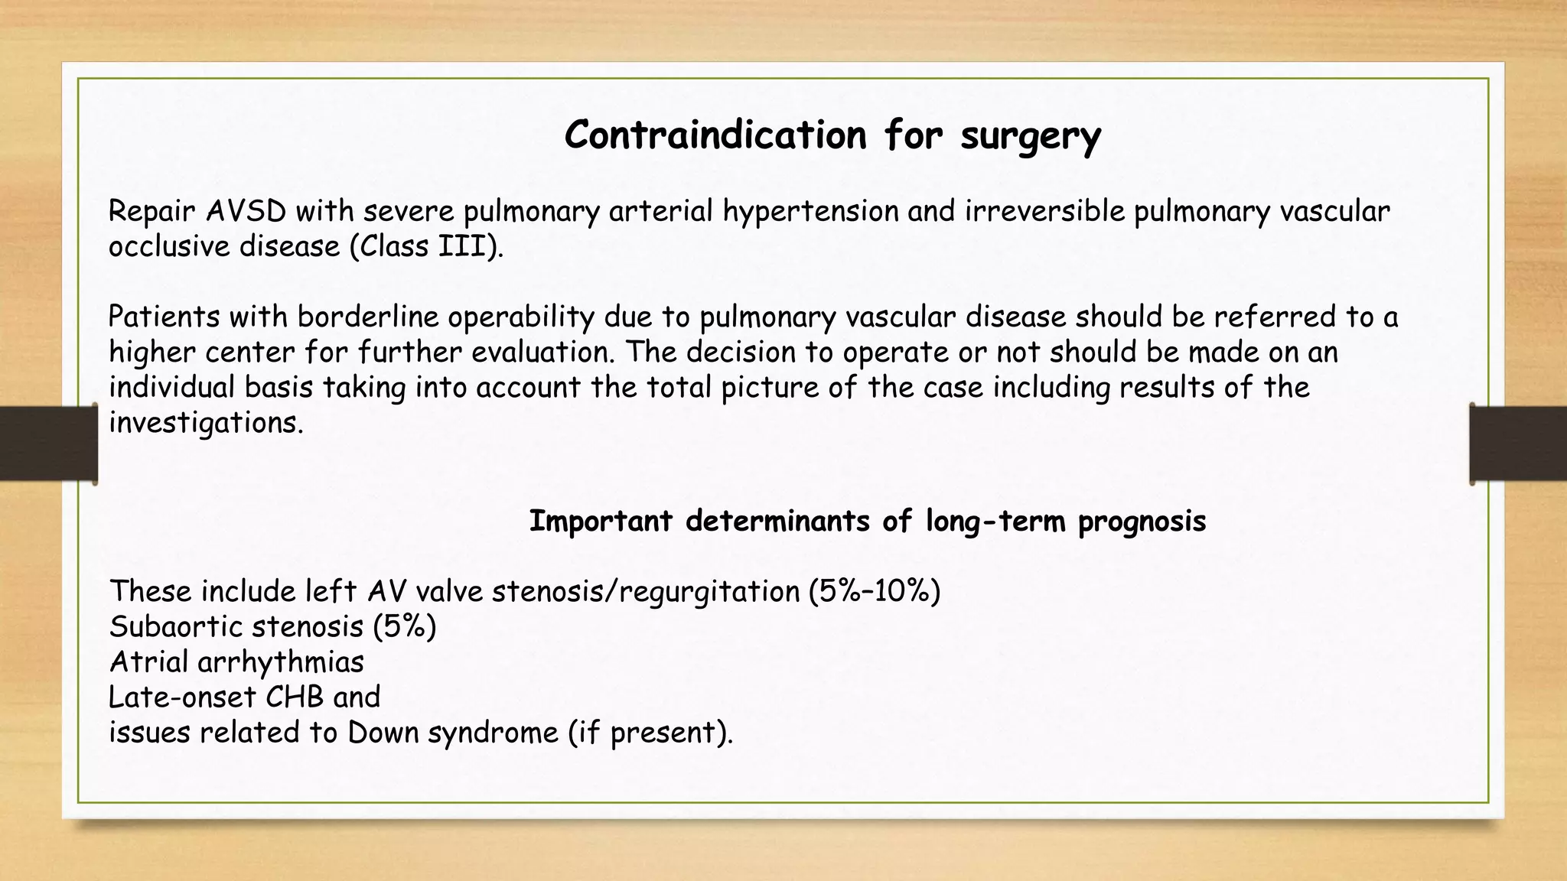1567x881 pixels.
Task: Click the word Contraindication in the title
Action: click(x=715, y=135)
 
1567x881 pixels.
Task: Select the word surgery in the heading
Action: click(x=1031, y=137)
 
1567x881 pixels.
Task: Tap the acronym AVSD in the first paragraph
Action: click(x=246, y=211)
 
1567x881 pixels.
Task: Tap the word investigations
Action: click(x=206, y=422)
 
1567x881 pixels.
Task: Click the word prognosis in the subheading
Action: click(x=1142, y=522)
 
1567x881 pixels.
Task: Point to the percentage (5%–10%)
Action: click(x=875, y=591)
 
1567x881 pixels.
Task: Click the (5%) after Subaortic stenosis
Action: click(x=405, y=626)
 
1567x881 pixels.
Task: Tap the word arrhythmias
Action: click(x=281, y=662)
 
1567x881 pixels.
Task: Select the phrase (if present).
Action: click(x=650, y=733)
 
